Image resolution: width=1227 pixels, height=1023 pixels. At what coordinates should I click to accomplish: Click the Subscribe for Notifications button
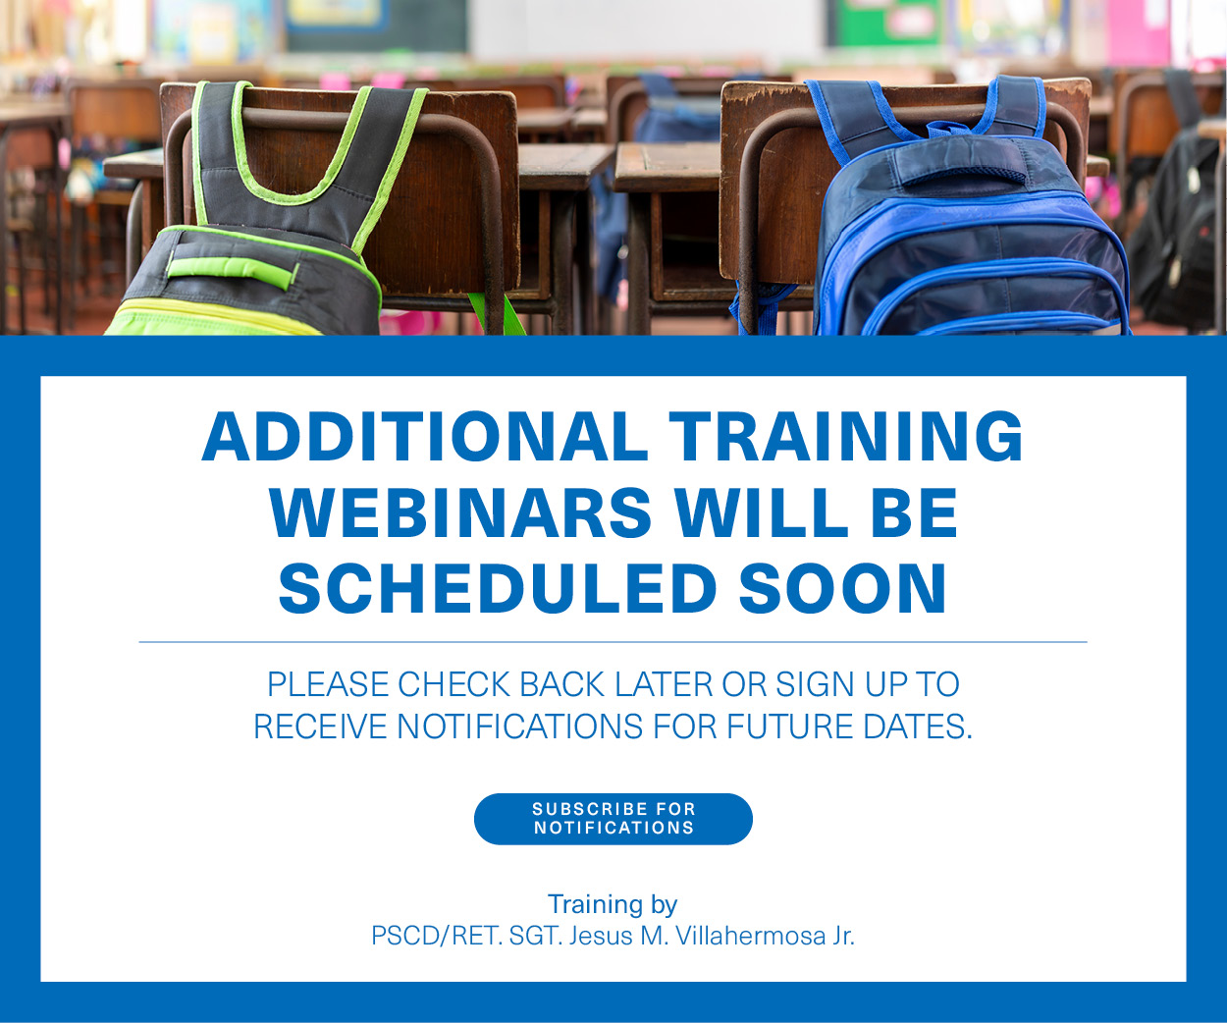pos(613,819)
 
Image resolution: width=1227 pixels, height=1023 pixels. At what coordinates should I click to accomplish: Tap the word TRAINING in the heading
pos(846,436)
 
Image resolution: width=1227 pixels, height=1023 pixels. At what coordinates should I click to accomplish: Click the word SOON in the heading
pos(842,588)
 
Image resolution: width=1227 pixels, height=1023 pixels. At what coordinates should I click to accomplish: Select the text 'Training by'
pos(613,903)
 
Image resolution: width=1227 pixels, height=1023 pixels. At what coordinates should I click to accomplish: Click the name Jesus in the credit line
pos(601,936)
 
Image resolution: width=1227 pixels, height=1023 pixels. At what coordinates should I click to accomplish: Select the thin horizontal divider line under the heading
pos(613,642)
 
